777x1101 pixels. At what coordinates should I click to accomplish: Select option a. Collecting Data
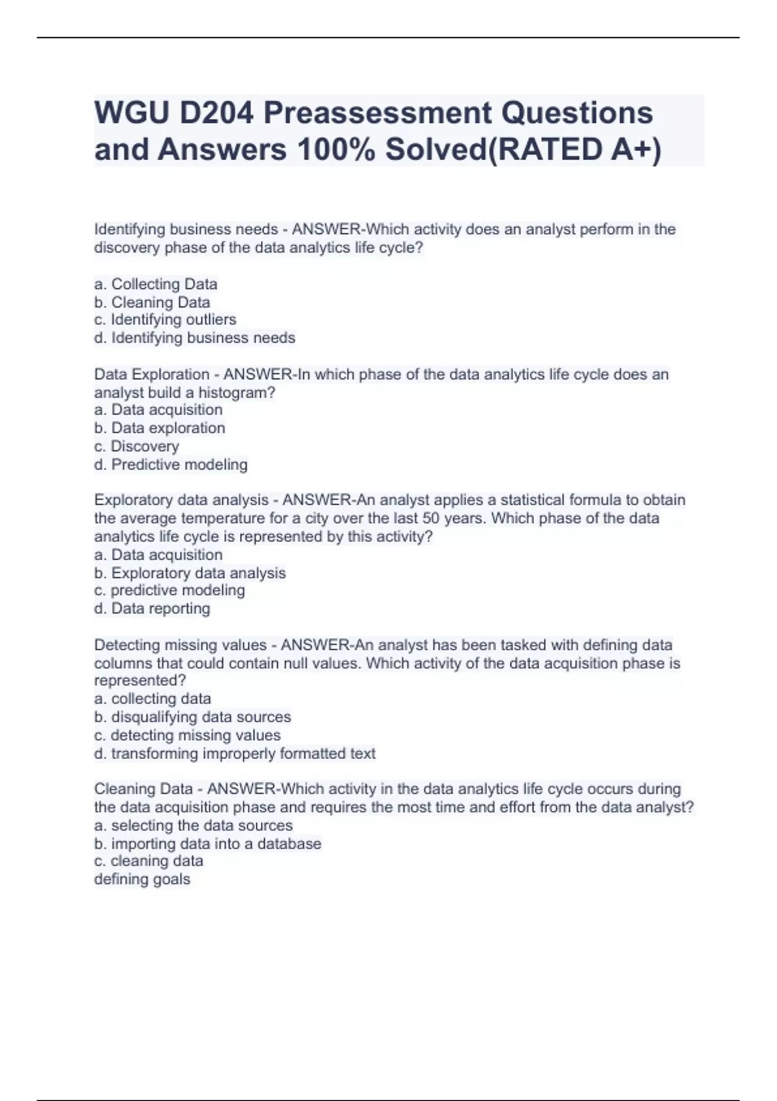(x=155, y=284)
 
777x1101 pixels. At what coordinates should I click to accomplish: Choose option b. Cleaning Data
(x=152, y=302)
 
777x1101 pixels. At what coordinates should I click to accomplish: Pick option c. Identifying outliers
(x=165, y=320)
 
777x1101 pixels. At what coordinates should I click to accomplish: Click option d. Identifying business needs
(x=194, y=338)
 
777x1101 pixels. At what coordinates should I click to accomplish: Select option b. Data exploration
(x=159, y=428)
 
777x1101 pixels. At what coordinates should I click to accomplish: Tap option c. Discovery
(x=137, y=446)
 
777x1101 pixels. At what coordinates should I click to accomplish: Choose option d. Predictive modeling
(x=171, y=464)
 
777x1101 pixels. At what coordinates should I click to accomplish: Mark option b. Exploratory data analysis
(x=190, y=573)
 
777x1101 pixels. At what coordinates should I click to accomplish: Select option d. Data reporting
(x=152, y=609)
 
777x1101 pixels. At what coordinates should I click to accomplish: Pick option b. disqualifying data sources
(x=192, y=717)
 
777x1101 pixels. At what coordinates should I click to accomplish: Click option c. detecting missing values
(x=187, y=735)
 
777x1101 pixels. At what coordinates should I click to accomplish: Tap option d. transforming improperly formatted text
(x=234, y=754)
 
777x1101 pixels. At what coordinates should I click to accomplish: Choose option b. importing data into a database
(x=207, y=844)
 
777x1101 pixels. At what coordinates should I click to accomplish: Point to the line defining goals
(x=142, y=880)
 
